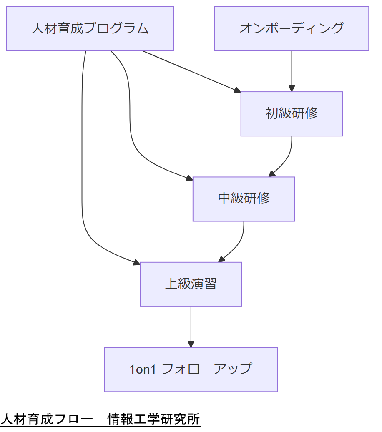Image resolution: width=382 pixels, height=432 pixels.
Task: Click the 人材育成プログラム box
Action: coord(90,29)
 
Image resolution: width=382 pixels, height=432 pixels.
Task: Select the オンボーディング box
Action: coord(292,29)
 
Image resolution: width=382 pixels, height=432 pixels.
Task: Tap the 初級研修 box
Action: coord(292,114)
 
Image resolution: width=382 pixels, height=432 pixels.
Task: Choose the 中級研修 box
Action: coord(244,199)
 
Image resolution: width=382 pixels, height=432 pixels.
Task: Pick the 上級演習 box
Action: coord(191,284)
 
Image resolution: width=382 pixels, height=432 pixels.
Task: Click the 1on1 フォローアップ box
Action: coord(191,369)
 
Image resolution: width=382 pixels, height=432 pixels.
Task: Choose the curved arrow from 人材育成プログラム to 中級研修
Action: coord(131,125)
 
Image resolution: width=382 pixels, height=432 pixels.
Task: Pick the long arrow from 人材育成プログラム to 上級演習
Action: coord(82,167)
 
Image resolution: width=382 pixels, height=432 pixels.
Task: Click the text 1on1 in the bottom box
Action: coord(143,369)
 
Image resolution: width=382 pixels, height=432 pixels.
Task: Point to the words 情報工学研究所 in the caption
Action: coord(153,419)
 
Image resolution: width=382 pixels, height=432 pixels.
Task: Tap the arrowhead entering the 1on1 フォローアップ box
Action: coord(191,344)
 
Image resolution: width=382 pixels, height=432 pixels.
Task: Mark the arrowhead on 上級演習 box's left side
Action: coord(136,262)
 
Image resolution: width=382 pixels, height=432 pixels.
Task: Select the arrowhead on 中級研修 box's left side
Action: coord(189,178)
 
